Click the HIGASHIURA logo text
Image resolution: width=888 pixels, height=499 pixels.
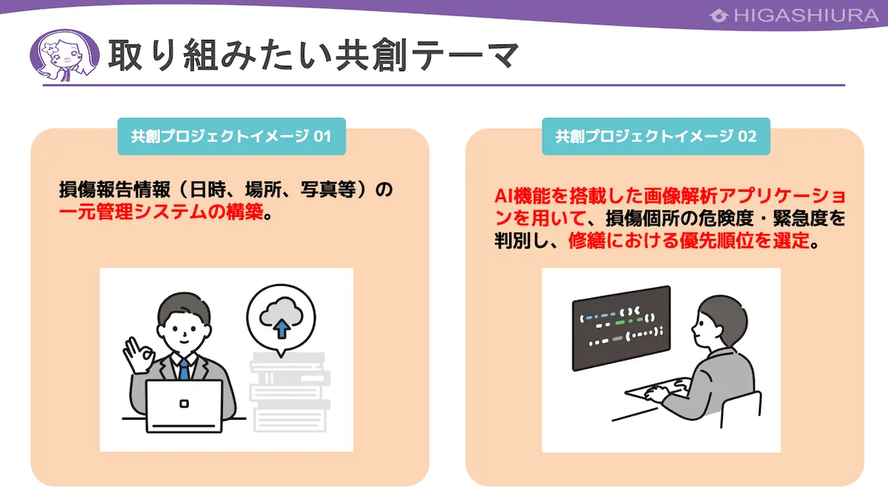point(806,16)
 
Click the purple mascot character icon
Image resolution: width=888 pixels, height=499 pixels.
point(64,55)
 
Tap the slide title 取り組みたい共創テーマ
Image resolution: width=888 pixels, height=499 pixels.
point(313,55)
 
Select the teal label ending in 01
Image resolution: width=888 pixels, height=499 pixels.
point(232,136)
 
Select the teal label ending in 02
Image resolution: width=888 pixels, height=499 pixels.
point(656,136)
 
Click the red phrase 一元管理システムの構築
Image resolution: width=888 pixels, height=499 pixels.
point(161,212)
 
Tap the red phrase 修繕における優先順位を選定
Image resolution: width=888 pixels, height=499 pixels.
point(689,241)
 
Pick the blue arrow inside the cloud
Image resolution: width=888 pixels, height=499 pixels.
point(281,329)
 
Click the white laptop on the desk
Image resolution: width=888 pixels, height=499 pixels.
point(184,406)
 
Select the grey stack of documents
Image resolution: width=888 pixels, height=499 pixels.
point(290,392)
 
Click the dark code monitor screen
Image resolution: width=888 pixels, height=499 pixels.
point(621,328)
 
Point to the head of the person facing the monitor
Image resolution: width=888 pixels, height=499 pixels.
point(719,319)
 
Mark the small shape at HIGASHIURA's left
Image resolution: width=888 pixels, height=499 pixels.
point(719,16)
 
